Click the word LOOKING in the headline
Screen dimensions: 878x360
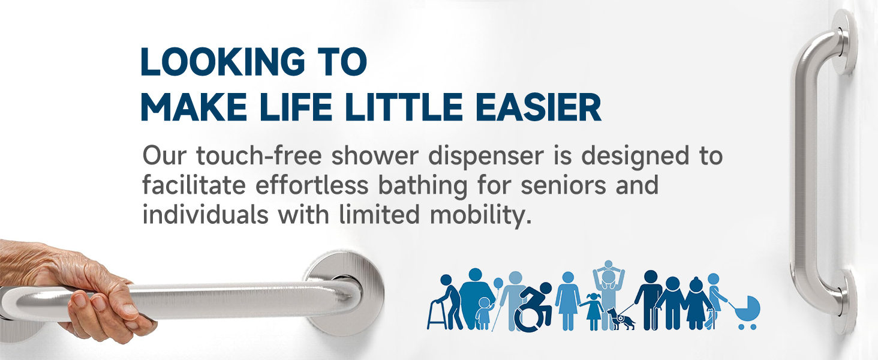(x=222, y=62)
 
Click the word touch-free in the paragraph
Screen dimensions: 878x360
(x=258, y=155)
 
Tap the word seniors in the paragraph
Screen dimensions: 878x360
(x=563, y=185)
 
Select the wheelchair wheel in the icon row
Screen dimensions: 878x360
(x=528, y=318)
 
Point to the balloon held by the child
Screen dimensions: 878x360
(x=498, y=283)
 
